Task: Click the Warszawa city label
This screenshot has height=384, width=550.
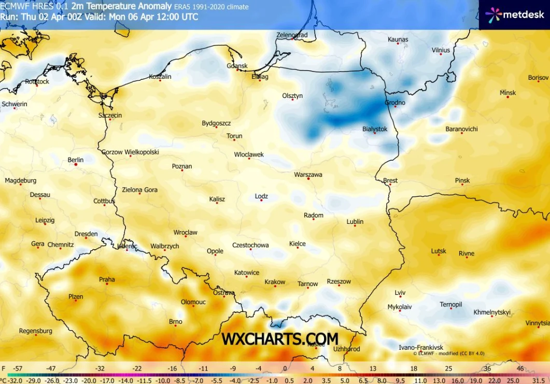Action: pos(308,175)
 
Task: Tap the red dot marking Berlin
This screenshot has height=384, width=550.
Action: pos(76,165)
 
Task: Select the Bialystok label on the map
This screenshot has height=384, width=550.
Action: pos(375,129)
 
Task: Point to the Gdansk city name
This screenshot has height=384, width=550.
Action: pos(237,66)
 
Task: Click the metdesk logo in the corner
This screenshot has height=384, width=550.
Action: pos(515,15)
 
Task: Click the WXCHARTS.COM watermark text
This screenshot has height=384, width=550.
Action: pos(280,339)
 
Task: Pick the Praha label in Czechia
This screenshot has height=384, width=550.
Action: pos(107,280)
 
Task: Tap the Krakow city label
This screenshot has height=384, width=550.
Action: pos(275,282)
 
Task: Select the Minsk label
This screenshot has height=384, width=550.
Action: pos(507,93)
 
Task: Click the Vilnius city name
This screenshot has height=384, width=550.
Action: pos(441,50)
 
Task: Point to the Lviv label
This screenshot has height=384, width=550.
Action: pos(400,292)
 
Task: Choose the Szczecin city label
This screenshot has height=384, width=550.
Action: pos(110,116)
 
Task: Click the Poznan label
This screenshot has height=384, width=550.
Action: pos(182,166)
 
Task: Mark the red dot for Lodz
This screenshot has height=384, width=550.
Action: pos(261,201)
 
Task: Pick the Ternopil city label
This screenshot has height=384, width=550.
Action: pos(450,304)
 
